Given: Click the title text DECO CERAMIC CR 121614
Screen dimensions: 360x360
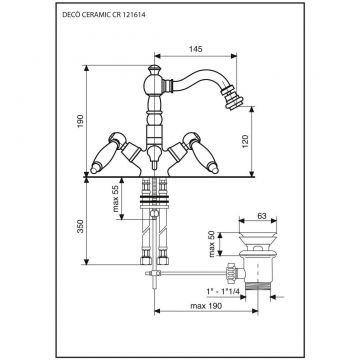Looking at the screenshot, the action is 104,14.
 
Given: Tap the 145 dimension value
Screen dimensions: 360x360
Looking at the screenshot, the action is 196,49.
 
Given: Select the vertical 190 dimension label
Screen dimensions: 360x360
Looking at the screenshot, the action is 81,122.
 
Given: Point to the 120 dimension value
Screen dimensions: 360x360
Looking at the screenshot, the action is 245,142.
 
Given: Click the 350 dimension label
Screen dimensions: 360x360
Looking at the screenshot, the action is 81,227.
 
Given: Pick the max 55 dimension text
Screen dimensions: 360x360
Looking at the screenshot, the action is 116,199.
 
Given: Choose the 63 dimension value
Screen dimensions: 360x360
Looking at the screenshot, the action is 262,216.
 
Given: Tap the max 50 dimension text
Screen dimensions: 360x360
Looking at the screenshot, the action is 212,244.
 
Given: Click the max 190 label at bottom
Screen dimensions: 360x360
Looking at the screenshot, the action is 206,306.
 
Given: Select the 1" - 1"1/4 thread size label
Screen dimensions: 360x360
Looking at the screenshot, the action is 223,291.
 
